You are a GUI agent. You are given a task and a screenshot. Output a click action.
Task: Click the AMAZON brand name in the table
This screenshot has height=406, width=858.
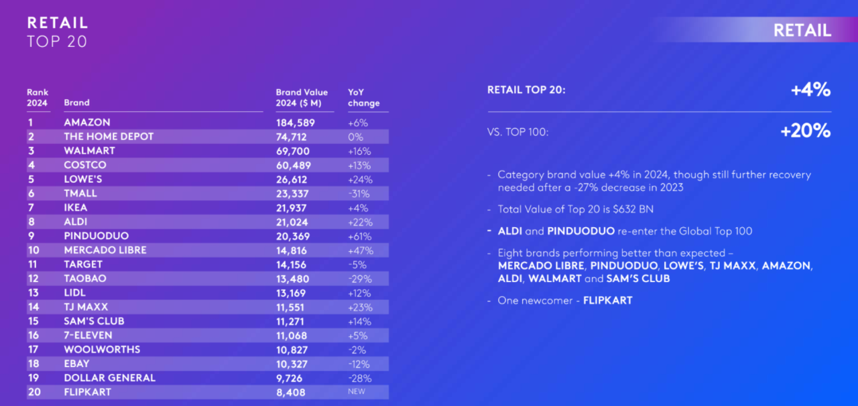point(87,123)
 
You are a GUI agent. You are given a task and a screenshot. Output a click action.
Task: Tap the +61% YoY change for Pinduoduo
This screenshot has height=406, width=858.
point(360,236)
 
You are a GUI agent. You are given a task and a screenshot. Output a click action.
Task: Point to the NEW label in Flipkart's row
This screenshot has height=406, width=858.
point(357,392)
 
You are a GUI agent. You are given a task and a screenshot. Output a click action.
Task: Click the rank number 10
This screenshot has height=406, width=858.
point(34,250)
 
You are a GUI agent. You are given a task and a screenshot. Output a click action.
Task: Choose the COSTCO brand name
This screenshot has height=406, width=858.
point(85,165)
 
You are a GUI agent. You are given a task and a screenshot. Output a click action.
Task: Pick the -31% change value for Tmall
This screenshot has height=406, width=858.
point(359,194)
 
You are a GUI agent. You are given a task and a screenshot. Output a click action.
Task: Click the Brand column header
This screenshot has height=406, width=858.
point(76,103)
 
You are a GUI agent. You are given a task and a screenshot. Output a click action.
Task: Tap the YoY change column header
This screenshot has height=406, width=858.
point(363,98)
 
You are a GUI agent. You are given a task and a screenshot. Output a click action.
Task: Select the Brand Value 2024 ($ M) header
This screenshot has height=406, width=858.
point(302,98)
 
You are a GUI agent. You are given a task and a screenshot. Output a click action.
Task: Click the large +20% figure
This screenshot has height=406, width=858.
point(805,131)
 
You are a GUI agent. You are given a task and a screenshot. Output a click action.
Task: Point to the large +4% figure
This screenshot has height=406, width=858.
point(810,90)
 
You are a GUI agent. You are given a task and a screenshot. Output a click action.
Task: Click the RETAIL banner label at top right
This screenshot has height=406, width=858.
point(802,30)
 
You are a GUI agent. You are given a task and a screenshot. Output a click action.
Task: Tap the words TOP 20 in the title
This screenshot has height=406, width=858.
point(57,42)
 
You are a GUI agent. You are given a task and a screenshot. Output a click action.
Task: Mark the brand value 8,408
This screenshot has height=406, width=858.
point(291,392)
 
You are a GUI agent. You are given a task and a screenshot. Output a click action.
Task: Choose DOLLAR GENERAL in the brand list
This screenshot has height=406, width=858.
point(109,378)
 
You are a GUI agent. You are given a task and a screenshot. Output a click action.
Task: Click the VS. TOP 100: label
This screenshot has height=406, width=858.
point(517,132)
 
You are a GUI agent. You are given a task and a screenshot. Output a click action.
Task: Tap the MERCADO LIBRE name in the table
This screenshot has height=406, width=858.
point(105,250)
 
